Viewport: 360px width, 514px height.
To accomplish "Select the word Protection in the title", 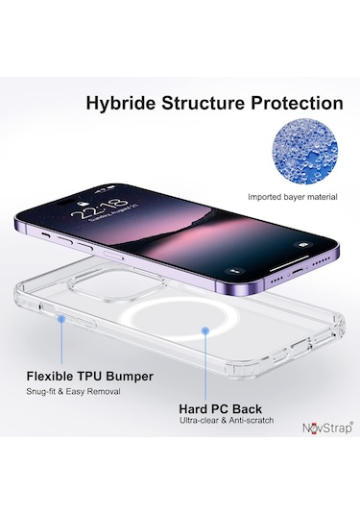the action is point(298,102).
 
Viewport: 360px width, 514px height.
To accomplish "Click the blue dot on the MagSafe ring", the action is point(207,329).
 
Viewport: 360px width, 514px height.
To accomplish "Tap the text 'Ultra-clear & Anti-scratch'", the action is point(228,421).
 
